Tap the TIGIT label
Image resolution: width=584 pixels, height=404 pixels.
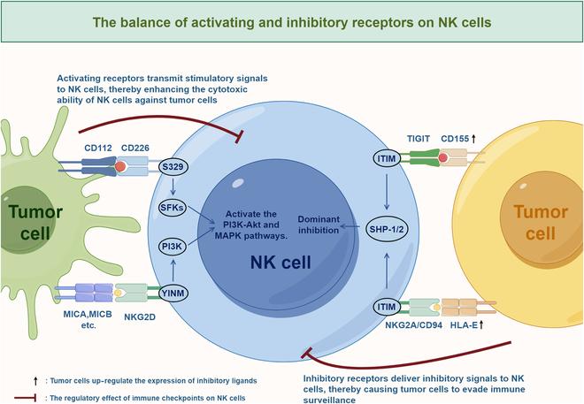tap(418, 139)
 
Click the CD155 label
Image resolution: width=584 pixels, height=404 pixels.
tap(460, 139)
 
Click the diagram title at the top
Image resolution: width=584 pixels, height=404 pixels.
tap(292, 20)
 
